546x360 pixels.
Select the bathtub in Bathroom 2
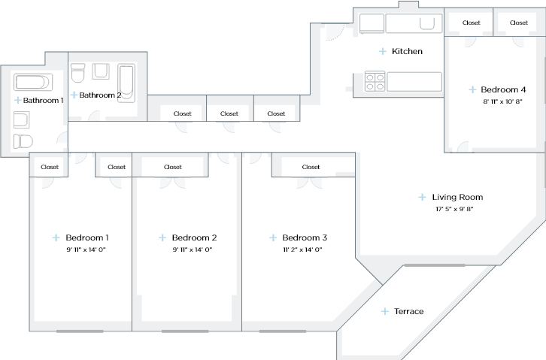pyautogui.click(x=127, y=83)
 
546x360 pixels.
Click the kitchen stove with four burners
pyautogui.click(x=375, y=81)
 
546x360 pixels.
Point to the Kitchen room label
pyautogui.click(x=406, y=52)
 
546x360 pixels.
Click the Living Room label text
pyautogui.click(x=457, y=197)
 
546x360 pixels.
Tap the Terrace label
pyautogui.click(x=409, y=311)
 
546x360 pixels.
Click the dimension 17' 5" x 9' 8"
pyautogui.click(x=454, y=209)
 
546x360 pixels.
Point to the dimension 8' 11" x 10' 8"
pyautogui.click(x=502, y=101)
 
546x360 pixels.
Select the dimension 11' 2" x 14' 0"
pyautogui.click(x=302, y=250)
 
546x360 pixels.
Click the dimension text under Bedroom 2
pyautogui.click(x=193, y=250)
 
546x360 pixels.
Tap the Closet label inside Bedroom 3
pyautogui.click(x=311, y=167)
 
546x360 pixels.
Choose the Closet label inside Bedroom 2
pyautogui.click(x=173, y=167)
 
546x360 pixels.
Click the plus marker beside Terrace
pyautogui.click(x=385, y=311)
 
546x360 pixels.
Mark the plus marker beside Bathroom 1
pyautogui.click(x=17, y=100)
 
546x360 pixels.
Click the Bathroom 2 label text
pyautogui.click(x=100, y=95)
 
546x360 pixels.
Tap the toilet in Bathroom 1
pyautogui.click(x=23, y=141)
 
